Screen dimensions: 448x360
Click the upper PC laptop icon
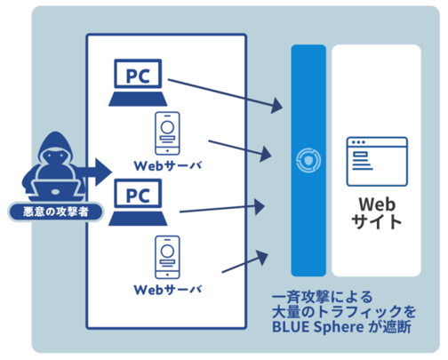(138, 83)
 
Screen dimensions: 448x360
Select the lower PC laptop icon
(138, 202)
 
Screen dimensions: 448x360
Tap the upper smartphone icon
(167, 133)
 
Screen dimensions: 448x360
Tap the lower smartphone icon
(167, 257)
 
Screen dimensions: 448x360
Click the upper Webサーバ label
(168, 165)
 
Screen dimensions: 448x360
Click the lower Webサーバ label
(168, 290)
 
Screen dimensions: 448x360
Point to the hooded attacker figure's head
(56, 149)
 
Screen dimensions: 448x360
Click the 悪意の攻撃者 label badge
(56, 212)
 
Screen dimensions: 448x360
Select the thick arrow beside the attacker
(95, 172)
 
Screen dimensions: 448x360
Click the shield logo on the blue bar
(308, 161)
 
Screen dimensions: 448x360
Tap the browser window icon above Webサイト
(377, 162)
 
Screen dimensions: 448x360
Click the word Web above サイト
(377, 204)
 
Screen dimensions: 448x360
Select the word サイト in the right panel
(376, 221)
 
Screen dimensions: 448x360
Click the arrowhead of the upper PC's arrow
(276, 106)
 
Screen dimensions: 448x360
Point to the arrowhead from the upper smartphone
(266, 154)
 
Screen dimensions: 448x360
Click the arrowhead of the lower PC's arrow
(260, 206)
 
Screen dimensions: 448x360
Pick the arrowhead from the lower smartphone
(262, 258)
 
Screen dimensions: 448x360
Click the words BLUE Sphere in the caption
(318, 327)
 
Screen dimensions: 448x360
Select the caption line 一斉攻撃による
(322, 297)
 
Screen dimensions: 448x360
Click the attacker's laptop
(55, 190)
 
